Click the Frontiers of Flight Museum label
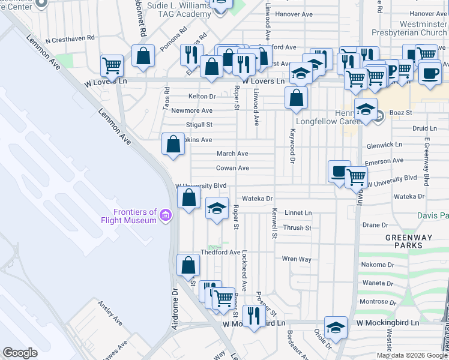pos(135,216)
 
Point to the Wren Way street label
pos(297,259)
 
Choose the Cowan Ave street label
pos(232,169)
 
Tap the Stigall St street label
pos(200,125)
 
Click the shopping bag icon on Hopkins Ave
pos(173,144)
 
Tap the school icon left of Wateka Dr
pos(217,208)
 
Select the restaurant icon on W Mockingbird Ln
pos(254,315)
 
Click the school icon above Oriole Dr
pos(336,327)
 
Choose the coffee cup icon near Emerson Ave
pos(339,171)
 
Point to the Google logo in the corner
pos(20,353)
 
